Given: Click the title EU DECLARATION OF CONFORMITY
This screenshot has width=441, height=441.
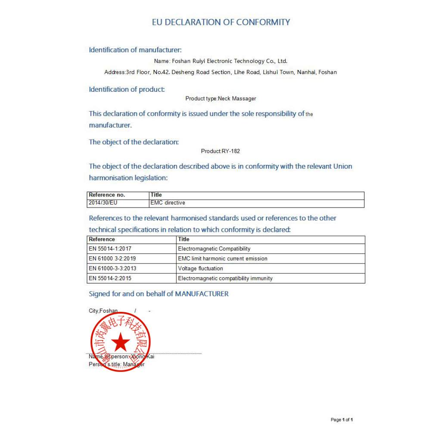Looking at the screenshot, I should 221,22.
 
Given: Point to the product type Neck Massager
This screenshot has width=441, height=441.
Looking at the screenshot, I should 237,99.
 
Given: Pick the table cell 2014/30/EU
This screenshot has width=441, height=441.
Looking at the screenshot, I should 103,202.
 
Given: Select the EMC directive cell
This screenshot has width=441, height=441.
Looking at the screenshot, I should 168,202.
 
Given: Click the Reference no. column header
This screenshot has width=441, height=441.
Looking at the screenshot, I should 107,195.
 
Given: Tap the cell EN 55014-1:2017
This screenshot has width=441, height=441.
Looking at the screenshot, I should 110,249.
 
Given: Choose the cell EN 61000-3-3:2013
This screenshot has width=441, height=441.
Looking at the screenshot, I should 112,269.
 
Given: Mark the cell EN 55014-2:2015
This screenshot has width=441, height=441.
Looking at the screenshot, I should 110,279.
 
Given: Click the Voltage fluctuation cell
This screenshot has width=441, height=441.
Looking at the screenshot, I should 200,269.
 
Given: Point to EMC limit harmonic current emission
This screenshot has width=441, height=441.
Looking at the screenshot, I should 223,259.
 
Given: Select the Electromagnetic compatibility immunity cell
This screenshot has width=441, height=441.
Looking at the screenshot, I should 225,279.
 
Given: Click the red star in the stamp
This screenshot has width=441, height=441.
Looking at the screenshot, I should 121,342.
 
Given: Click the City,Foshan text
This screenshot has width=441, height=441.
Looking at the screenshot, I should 103,311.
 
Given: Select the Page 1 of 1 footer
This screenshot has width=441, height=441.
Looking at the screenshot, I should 342,420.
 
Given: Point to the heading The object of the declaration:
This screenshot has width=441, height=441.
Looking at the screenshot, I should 134,142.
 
